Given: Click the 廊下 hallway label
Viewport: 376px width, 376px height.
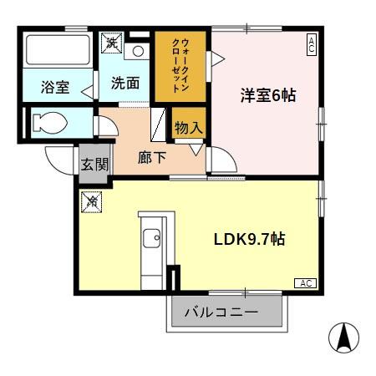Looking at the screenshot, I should click(152, 156).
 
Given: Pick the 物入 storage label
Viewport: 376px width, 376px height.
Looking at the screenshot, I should click(188, 128).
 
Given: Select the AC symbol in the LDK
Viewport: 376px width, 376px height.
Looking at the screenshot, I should click(307, 284).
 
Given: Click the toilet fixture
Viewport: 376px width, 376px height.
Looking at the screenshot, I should click(50, 125).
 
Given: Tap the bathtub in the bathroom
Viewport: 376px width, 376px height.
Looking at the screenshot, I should click(57, 53).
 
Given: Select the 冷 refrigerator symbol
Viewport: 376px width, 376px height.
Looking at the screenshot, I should click(91, 201).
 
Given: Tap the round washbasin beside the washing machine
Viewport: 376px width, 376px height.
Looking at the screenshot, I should click(139, 50).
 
